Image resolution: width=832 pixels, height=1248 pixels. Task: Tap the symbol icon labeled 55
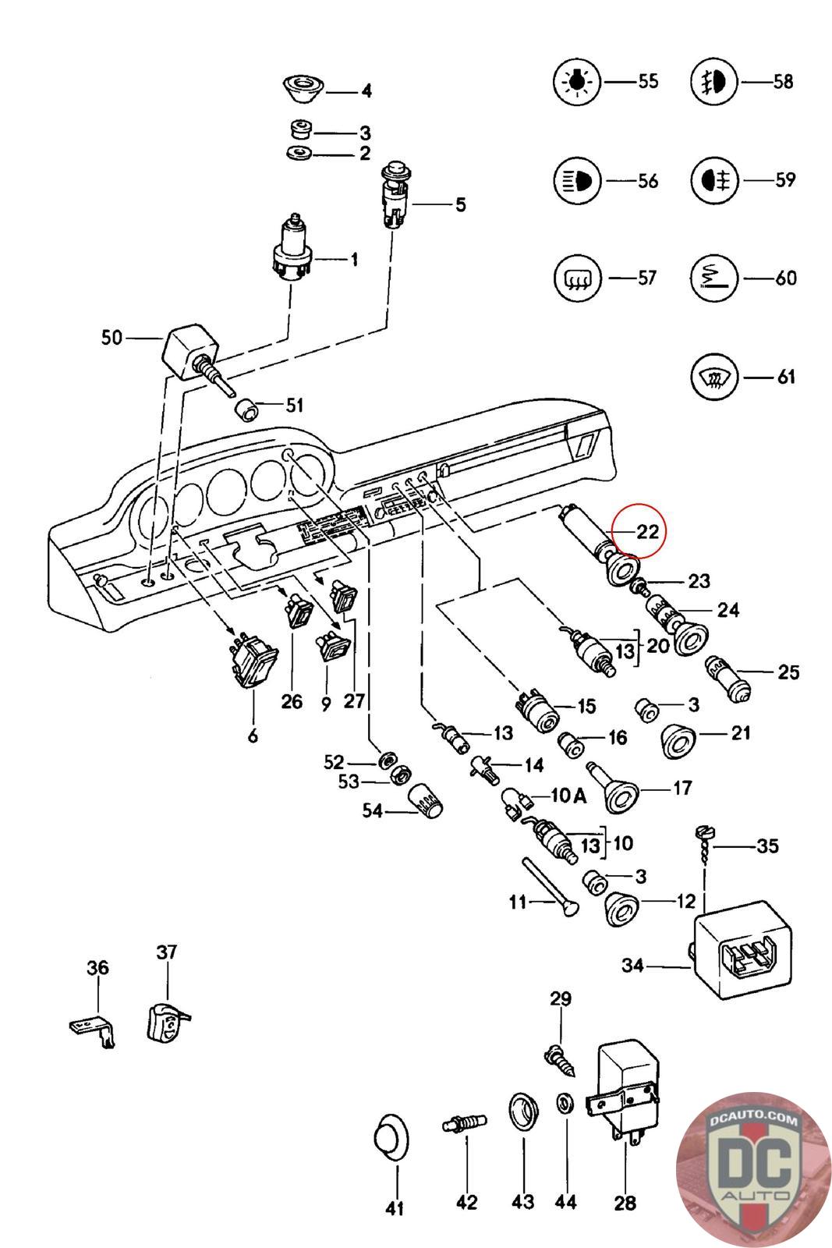click(576, 81)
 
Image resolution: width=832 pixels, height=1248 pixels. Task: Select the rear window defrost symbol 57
click(576, 278)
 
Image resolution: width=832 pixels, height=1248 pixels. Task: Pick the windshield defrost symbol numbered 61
click(713, 378)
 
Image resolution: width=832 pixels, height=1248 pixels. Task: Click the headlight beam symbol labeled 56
click(576, 180)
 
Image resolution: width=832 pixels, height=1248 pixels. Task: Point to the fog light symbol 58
click(713, 81)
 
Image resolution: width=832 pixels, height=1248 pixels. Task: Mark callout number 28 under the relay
click(625, 1203)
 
